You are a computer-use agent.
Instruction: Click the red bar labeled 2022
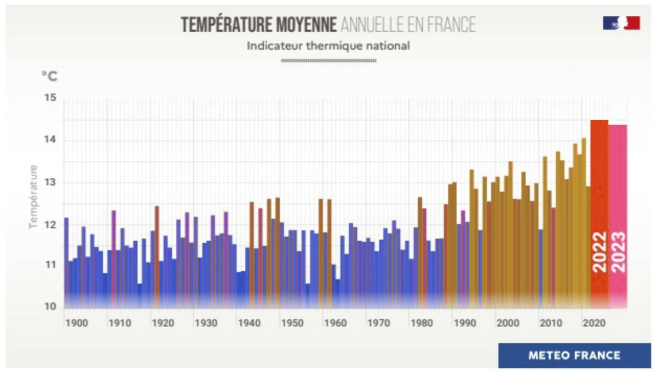pyautogui.click(x=600, y=213)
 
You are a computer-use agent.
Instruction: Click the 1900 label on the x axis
pyautogui.click(x=76, y=323)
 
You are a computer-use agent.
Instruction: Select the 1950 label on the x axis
pyautogui.click(x=292, y=323)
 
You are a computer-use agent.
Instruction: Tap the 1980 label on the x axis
pyautogui.click(x=422, y=323)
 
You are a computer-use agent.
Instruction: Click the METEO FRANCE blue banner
pyautogui.click(x=574, y=355)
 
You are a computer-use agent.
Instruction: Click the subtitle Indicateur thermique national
pyautogui.click(x=328, y=46)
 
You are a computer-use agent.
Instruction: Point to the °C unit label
pyautogui.click(x=49, y=76)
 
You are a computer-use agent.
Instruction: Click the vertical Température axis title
pyautogui.click(x=34, y=196)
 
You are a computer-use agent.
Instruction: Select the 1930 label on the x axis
pyautogui.click(x=206, y=323)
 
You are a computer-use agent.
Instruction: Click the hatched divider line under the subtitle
pyautogui.click(x=328, y=61)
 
